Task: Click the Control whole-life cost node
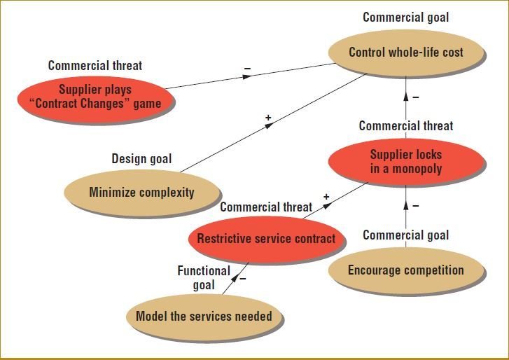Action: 406,53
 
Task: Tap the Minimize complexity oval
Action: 141,192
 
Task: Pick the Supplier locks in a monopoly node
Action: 406,162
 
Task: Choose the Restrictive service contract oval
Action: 266,239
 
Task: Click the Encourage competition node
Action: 406,270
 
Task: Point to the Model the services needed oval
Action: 204,316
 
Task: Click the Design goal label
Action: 141,159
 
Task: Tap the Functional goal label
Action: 204,277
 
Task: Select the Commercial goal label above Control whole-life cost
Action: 406,18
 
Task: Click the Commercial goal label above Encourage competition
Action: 406,235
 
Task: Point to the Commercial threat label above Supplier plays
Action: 95,66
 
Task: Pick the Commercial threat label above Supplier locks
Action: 406,126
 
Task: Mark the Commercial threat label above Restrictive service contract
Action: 266,207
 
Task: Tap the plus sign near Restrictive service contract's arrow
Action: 326,197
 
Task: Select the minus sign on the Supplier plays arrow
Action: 247,69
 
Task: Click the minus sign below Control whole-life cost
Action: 415,97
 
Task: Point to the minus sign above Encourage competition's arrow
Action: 415,207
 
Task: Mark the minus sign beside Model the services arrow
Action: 243,278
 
